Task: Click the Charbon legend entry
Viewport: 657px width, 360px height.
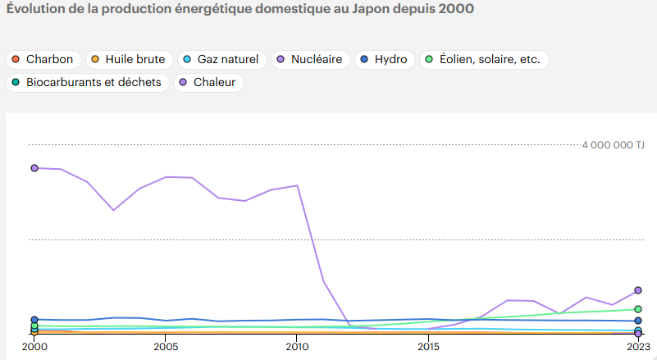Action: (43, 59)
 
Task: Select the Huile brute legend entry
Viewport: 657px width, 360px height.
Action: (128, 59)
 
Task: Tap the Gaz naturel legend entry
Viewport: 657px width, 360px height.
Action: (221, 59)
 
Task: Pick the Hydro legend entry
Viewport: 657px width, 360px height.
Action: (385, 59)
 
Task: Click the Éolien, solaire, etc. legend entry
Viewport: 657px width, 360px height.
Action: (484, 59)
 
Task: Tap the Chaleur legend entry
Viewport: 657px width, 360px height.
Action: (208, 83)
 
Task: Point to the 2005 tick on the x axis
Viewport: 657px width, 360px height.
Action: (166, 347)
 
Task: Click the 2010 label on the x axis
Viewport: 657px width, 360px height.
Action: (297, 347)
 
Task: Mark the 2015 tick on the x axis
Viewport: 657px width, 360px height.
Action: (428, 347)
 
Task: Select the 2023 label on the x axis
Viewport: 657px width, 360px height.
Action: (637, 347)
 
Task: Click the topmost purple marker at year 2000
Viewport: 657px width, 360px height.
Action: (34, 167)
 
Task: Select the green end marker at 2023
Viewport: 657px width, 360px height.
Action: (638, 309)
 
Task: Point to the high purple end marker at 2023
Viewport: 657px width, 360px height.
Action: (638, 290)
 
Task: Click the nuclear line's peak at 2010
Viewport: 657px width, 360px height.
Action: (297, 185)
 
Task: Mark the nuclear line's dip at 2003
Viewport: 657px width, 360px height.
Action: (113, 210)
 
